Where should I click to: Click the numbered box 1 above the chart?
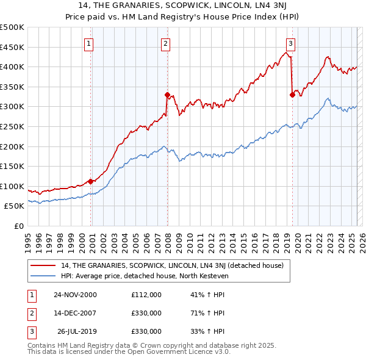[89, 43]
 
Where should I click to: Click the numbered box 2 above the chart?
[165, 43]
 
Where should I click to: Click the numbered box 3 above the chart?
[290, 43]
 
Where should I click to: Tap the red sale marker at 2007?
[167, 95]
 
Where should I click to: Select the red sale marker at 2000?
[91, 181]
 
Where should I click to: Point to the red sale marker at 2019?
[292, 95]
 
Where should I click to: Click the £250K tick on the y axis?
[12, 126]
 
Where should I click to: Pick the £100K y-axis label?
[12, 186]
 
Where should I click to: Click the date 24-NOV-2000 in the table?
[75, 295]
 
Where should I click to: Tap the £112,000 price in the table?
[146, 295]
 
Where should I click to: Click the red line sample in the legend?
[43, 265]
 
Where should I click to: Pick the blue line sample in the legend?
[43, 275]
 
